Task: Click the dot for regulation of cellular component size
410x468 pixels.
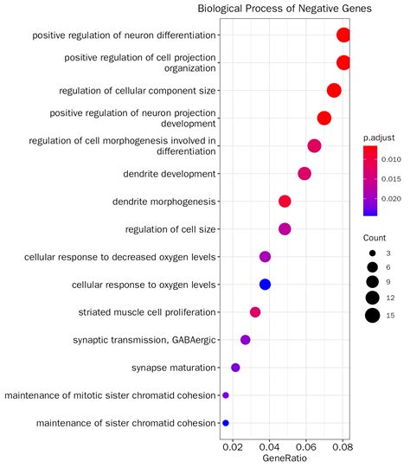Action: tap(334, 91)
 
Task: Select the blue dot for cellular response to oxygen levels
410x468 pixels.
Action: tap(266, 285)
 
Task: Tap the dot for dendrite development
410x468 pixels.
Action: tap(304, 174)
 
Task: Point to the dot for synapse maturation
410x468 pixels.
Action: tap(235, 368)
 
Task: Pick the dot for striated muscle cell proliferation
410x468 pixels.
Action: tap(255, 312)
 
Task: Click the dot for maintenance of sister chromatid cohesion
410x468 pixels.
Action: tap(226, 423)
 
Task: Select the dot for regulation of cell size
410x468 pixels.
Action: tap(285, 229)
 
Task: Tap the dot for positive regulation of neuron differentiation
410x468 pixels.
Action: tap(343, 35)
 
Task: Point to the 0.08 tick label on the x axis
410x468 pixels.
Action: tap(343, 448)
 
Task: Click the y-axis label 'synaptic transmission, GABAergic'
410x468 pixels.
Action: tap(144, 340)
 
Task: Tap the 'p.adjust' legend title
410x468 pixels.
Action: tap(379, 137)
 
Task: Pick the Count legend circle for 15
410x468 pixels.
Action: tap(372, 316)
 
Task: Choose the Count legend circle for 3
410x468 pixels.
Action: tap(372, 253)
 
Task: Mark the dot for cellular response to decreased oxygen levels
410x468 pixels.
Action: tap(265, 257)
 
